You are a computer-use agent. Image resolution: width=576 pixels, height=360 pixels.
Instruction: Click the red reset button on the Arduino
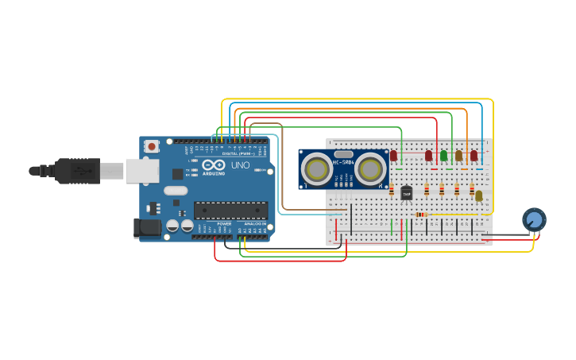point(151,146)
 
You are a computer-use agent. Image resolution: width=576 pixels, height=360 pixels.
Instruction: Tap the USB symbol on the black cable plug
point(79,171)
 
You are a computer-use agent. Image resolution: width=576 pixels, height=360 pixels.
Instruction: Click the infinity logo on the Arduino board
point(212,166)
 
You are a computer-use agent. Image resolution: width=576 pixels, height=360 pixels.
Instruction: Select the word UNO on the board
point(240,166)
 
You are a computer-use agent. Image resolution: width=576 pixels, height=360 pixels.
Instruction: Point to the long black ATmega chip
point(230,210)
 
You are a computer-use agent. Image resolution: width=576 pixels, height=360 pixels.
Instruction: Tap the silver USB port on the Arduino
point(141,171)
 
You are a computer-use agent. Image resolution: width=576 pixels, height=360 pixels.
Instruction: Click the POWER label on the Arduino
point(224,224)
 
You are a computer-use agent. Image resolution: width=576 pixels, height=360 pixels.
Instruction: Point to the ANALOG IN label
point(254,224)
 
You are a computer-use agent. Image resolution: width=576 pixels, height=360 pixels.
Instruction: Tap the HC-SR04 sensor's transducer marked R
point(369,168)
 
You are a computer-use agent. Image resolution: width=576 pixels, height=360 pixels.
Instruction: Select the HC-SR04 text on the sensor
point(343,163)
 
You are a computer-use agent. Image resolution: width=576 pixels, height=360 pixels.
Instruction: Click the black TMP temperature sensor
point(407,192)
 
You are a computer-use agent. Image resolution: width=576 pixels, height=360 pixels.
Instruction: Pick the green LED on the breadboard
point(443,156)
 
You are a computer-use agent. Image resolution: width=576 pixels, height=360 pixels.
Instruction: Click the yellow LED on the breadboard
point(478,195)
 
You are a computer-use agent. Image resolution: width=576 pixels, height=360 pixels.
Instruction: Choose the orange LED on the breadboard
point(458,156)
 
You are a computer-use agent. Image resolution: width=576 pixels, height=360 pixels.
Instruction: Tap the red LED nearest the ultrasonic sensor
point(393,156)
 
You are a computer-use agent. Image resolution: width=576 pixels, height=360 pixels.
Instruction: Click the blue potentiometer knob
point(534,219)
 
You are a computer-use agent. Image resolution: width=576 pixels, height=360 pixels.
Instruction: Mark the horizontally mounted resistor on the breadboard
point(421,215)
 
